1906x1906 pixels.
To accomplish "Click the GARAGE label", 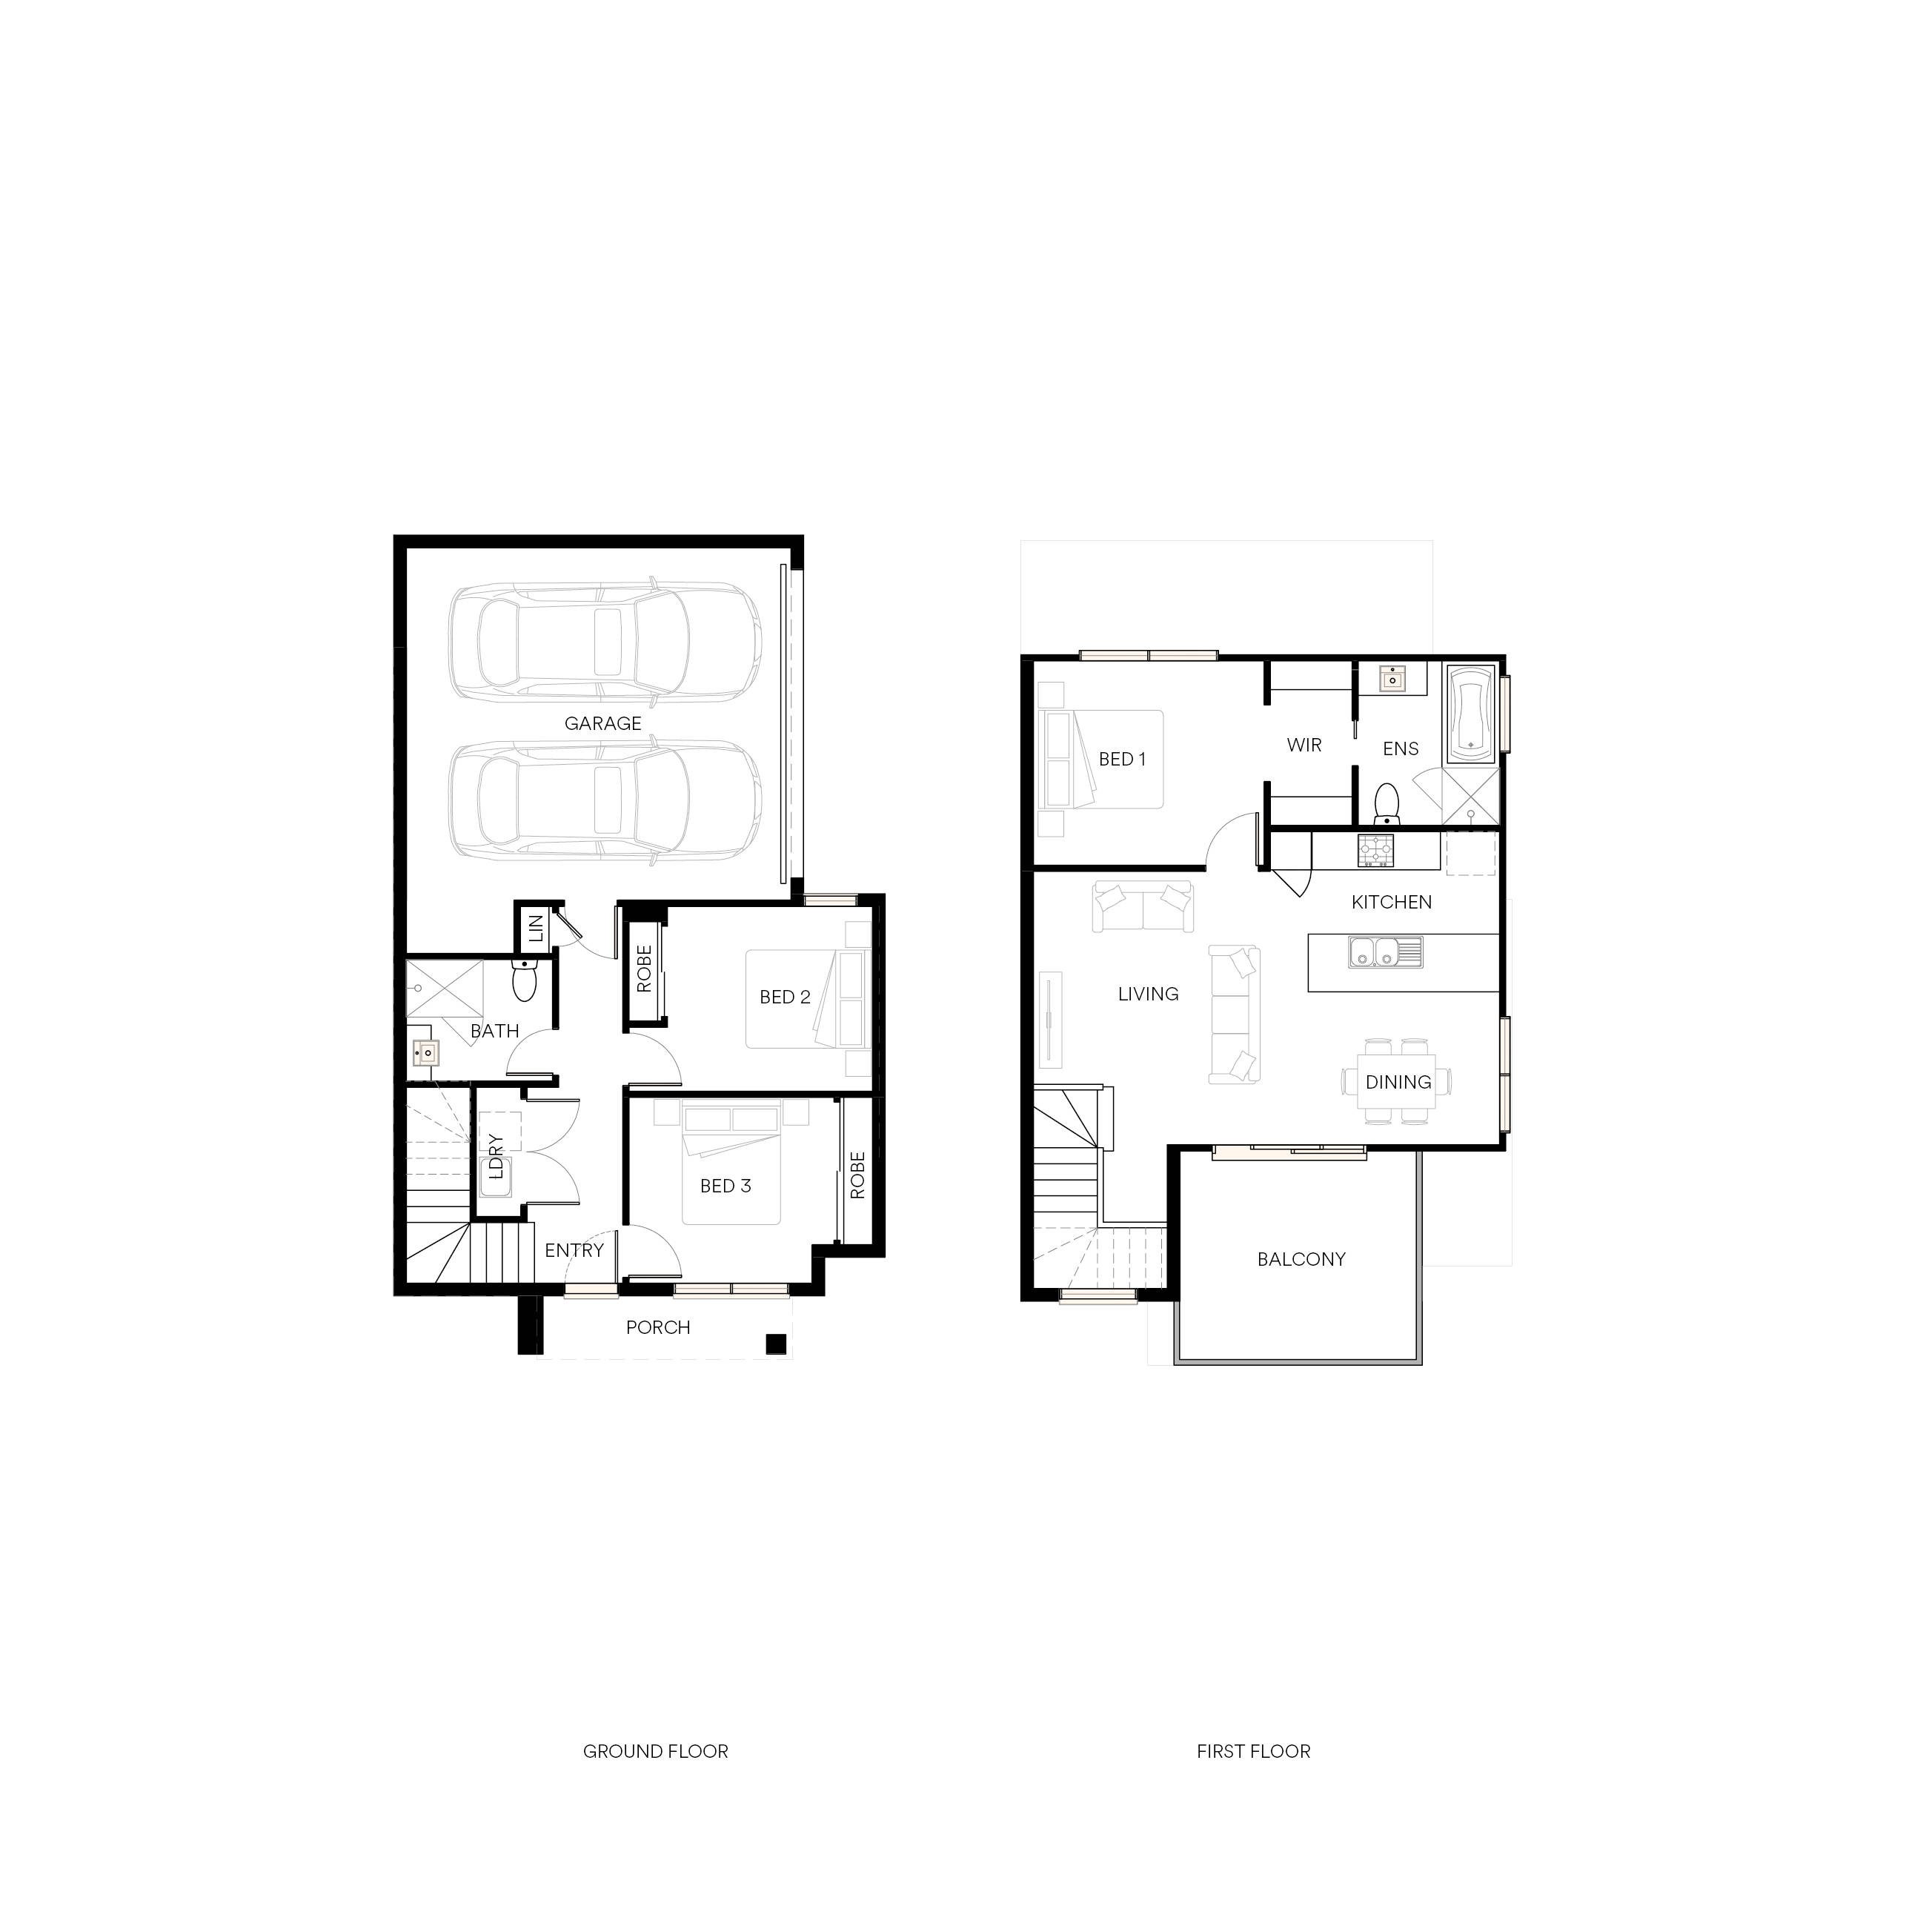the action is point(602,723).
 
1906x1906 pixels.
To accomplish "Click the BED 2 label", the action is point(786,997).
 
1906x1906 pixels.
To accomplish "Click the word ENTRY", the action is point(574,1250).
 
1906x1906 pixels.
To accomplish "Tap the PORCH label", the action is point(658,1327).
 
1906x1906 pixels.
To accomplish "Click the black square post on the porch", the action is point(777,1343).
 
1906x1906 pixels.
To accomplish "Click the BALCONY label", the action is point(1301,1259).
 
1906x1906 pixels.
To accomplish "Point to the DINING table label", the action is point(1398,1082).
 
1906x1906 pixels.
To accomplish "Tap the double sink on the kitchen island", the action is point(1385,953).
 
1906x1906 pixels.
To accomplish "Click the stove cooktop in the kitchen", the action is point(1375,851).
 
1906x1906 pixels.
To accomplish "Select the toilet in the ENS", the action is point(1387,803).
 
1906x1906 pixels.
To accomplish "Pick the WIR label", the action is point(1304,745).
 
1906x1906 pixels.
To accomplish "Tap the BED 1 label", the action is point(1123,759).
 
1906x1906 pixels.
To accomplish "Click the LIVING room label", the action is point(1149,994).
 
